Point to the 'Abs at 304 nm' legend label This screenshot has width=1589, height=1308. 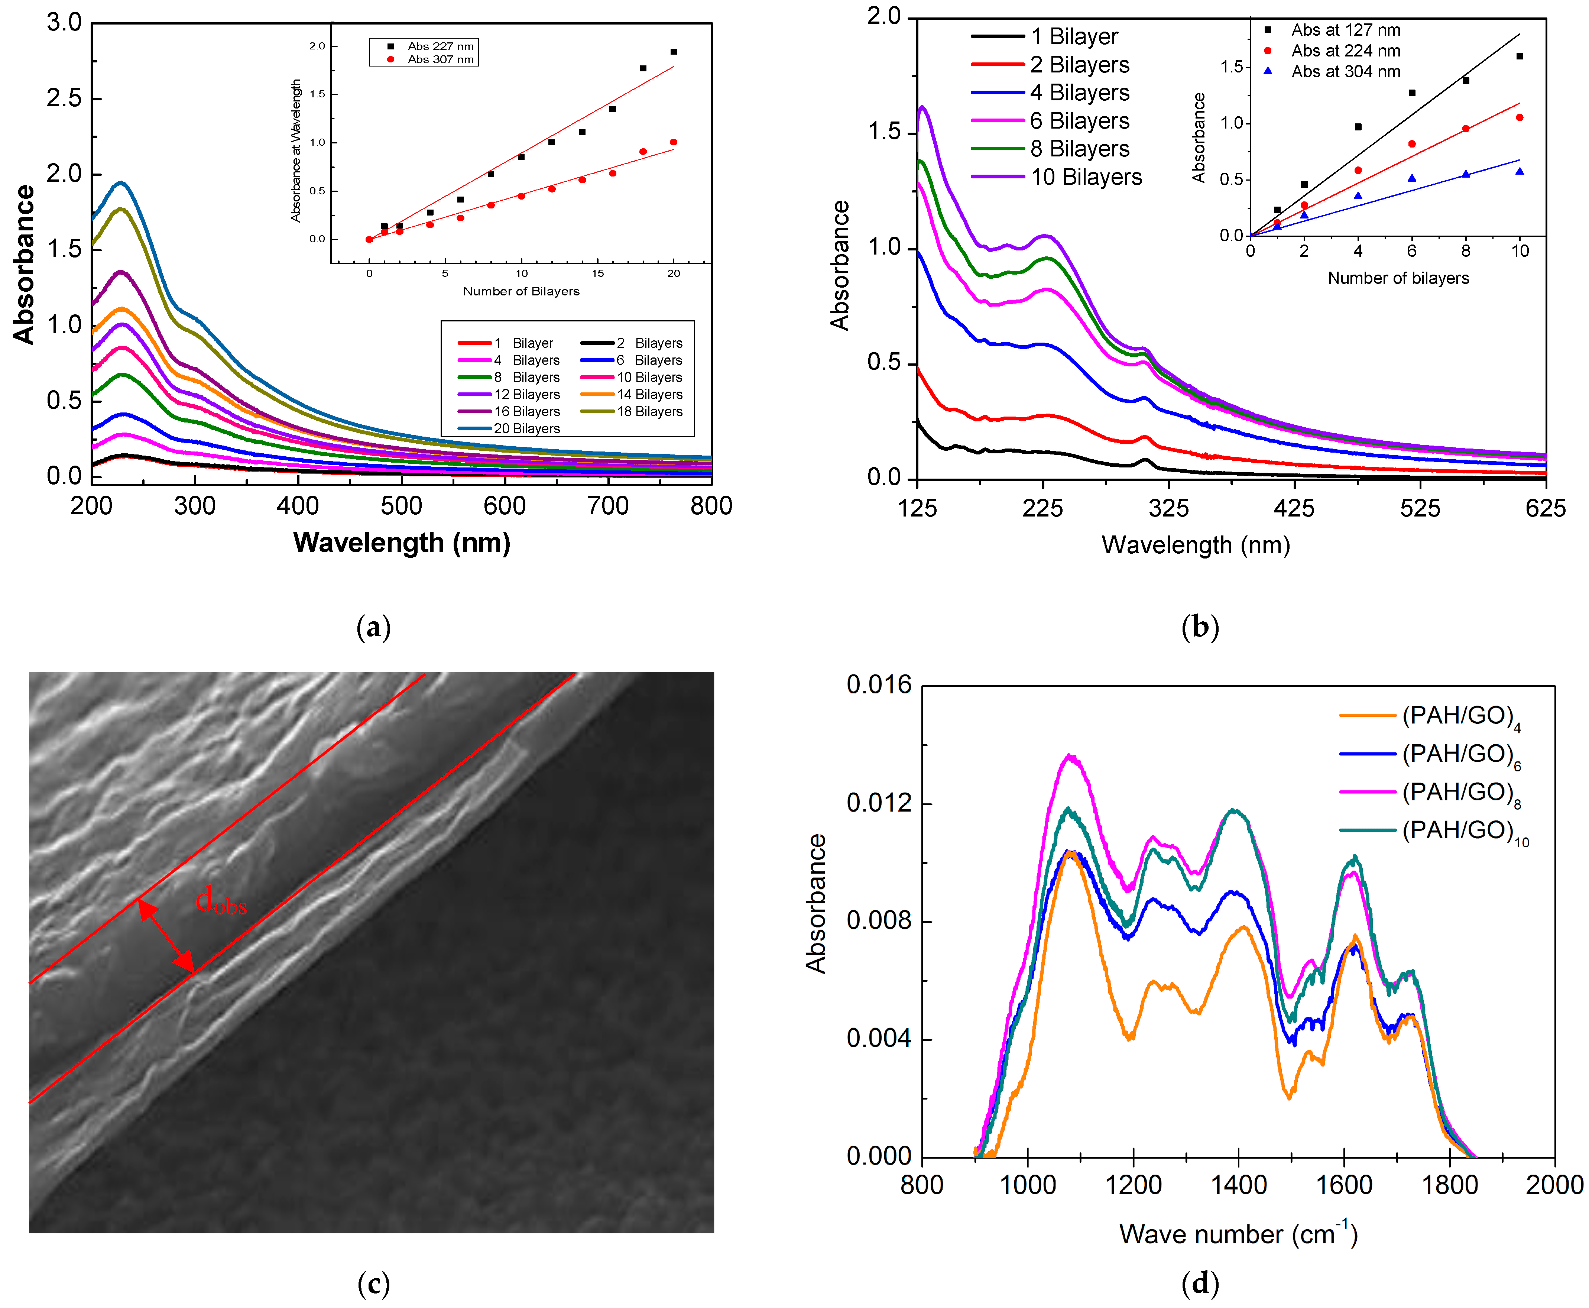pyautogui.click(x=1345, y=72)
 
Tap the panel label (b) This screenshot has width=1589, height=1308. pyautogui.click(x=1200, y=627)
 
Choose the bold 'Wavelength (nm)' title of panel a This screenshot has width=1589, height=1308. pyautogui.click(x=402, y=543)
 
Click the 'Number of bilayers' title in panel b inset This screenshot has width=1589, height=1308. pyautogui.click(x=1398, y=278)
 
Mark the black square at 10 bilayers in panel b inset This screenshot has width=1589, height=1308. pyautogui.click(x=1520, y=56)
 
